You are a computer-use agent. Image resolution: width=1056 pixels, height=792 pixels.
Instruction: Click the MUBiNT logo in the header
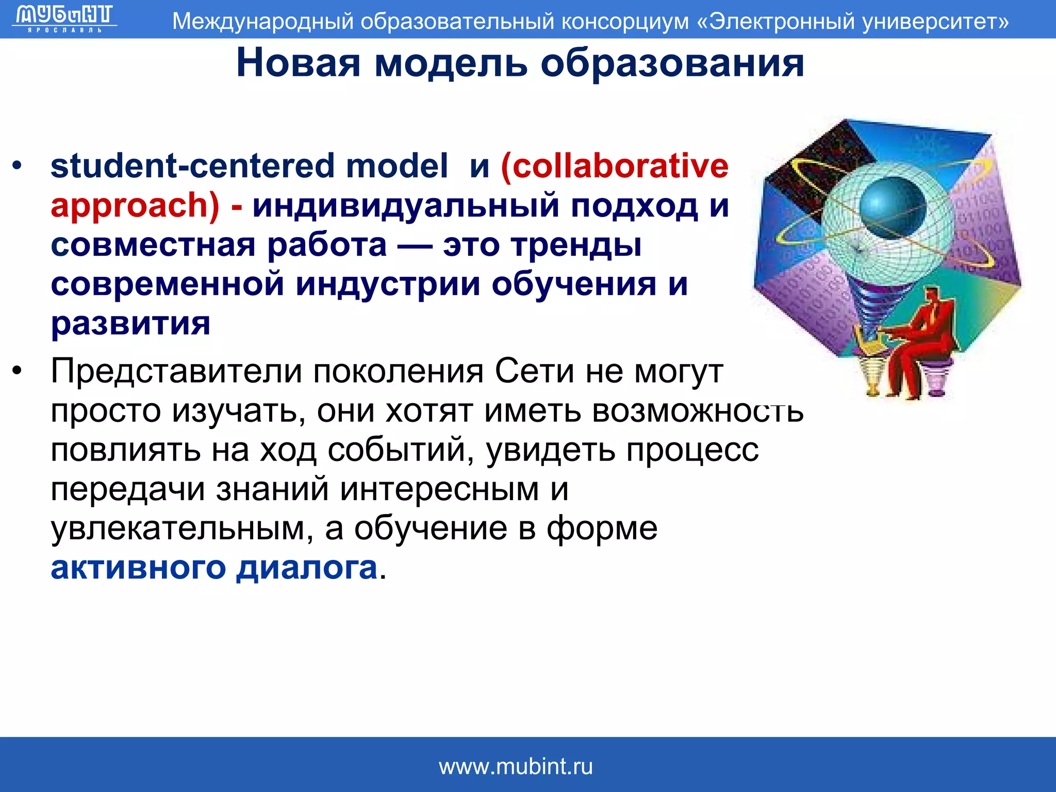(64, 19)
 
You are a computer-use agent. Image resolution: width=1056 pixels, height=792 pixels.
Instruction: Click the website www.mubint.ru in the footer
(516, 766)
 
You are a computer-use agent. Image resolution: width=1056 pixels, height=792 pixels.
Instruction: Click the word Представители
(176, 371)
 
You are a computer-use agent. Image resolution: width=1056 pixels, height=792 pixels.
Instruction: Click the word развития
(130, 324)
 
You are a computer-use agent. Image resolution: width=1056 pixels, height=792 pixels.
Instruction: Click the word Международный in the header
(263, 21)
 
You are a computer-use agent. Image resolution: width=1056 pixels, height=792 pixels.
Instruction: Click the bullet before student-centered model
(18, 166)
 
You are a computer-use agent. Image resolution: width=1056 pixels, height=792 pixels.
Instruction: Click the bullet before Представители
(18, 371)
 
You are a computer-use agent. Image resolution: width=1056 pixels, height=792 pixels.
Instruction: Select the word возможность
(697, 411)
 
